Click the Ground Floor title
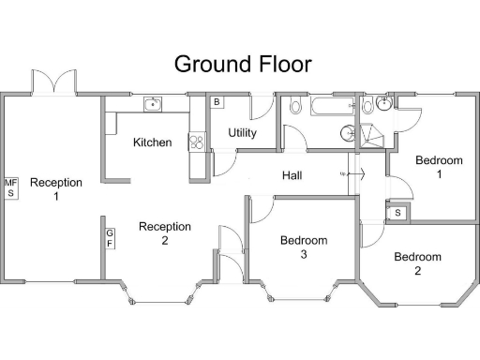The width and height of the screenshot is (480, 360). point(243,64)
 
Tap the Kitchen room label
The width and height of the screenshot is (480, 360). point(152,142)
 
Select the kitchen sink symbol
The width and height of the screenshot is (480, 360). point(153,103)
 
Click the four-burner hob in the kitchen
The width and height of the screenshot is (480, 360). point(197,142)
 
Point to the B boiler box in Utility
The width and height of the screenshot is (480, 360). point(216,101)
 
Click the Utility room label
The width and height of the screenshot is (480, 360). point(243,133)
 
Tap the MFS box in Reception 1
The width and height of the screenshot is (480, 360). point(11,187)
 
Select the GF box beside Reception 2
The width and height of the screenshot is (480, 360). point(110,238)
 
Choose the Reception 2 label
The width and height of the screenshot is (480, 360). point(165,233)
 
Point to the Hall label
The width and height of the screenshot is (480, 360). point(293,175)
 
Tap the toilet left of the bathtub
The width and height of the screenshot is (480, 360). point(296,107)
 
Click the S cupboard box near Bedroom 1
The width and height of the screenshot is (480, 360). point(398,213)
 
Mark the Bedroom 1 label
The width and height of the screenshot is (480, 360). point(439,167)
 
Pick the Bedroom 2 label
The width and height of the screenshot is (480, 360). point(417,263)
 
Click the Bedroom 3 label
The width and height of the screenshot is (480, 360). point(305,247)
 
